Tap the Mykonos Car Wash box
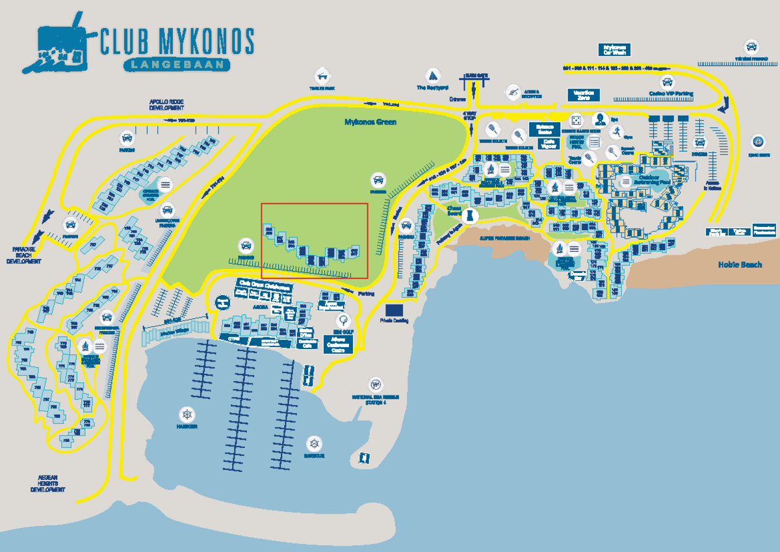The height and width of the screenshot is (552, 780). [614, 49]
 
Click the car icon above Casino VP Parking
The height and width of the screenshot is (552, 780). [667, 83]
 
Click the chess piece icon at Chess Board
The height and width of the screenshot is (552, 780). [471, 216]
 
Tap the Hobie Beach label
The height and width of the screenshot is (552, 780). [740, 265]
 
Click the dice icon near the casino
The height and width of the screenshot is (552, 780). [575, 120]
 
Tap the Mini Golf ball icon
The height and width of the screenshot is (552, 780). [343, 320]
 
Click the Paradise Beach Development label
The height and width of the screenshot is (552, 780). [24, 255]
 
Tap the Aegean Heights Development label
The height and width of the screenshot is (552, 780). [47, 484]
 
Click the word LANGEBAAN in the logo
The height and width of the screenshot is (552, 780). [176, 64]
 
